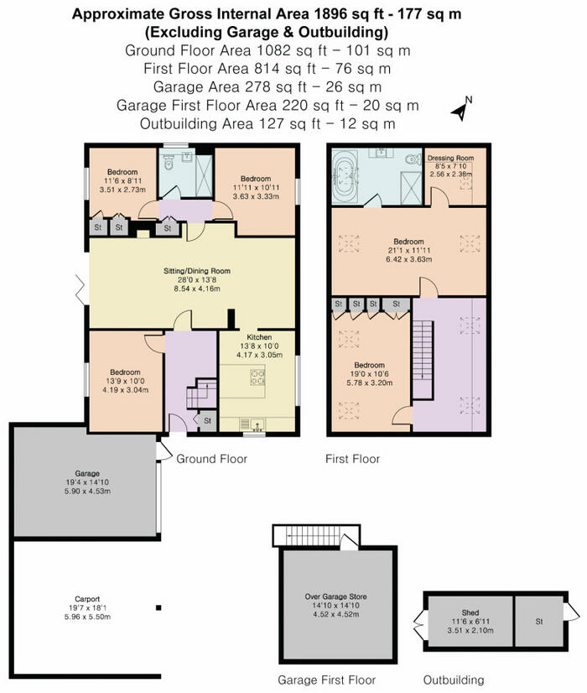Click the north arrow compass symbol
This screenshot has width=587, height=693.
point(461,107)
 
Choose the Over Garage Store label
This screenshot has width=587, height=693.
point(335,597)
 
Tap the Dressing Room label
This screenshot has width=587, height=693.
point(450,158)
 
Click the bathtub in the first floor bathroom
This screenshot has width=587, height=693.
point(345,176)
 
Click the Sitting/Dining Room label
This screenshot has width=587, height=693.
point(197,271)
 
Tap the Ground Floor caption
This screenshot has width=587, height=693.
point(211,459)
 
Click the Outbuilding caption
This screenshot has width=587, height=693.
point(454,680)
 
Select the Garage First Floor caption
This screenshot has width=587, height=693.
point(327,680)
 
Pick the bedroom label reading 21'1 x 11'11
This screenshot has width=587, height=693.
point(408,242)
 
